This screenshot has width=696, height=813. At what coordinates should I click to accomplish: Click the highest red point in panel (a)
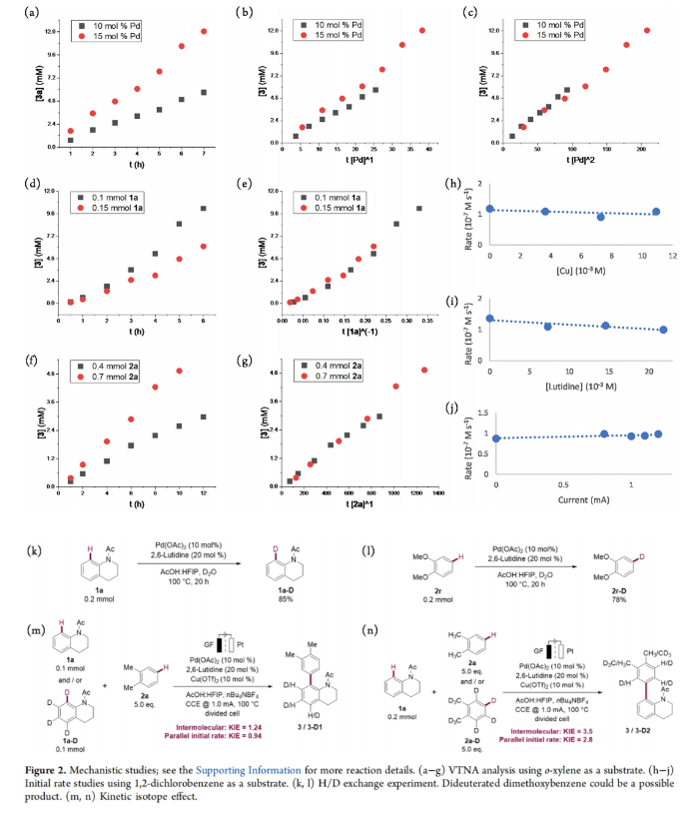coord(204,32)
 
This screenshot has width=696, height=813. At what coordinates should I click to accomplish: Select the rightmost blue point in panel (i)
coord(664,330)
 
